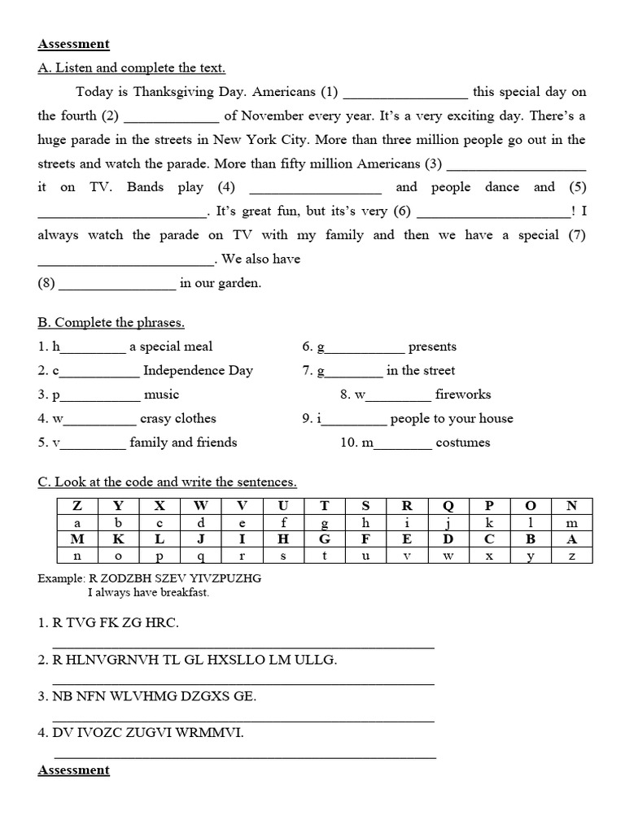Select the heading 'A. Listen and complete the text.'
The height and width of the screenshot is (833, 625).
131,68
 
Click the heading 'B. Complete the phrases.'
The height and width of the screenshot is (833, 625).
111,323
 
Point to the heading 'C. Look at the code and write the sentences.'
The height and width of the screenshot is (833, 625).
168,482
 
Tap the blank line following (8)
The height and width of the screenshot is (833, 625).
117,284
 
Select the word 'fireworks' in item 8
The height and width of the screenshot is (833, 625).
463,395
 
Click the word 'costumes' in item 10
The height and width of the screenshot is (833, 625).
463,443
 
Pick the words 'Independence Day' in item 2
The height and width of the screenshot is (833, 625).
198,371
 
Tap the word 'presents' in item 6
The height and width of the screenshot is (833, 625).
432,347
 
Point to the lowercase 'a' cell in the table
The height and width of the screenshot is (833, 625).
76,523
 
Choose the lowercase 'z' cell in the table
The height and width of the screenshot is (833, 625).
571,556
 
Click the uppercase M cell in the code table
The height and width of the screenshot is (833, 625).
76,539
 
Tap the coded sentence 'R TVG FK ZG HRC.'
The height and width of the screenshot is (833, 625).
108,623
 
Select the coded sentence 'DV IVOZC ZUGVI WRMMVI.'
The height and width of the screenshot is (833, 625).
141,733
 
